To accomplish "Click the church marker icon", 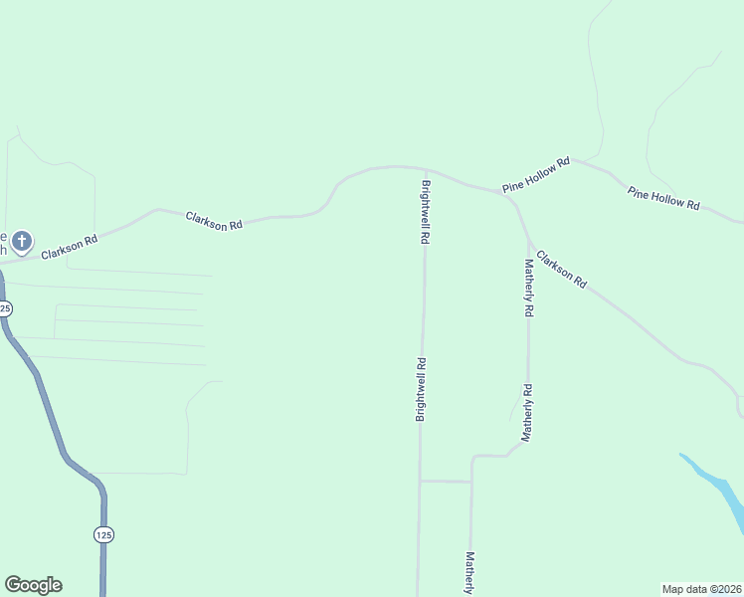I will pyautogui.click(x=22, y=241).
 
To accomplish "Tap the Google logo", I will pyautogui.click(x=33, y=585).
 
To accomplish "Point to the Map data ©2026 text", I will pyautogui.click(x=702, y=589).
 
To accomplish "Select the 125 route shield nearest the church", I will pyautogui.click(x=5, y=308).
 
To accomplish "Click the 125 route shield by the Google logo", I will pyautogui.click(x=104, y=534).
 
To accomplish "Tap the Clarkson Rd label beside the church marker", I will pyautogui.click(x=70, y=247).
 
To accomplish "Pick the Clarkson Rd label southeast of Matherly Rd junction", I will pyautogui.click(x=561, y=270).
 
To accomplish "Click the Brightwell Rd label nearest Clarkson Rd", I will pyautogui.click(x=426, y=212).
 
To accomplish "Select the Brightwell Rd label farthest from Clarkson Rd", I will pyautogui.click(x=421, y=389).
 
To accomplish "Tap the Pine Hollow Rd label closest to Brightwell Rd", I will pyautogui.click(x=536, y=174).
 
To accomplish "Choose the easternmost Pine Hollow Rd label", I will pyautogui.click(x=663, y=197).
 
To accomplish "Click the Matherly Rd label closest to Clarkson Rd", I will pyautogui.click(x=529, y=288).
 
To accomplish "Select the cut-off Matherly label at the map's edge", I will pyautogui.click(x=469, y=574).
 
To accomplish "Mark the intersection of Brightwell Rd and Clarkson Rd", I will pyautogui.click(x=425, y=169).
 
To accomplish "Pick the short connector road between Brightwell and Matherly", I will pyautogui.click(x=446, y=482).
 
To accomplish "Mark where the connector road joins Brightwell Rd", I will pyautogui.click(x=420, y=482).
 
